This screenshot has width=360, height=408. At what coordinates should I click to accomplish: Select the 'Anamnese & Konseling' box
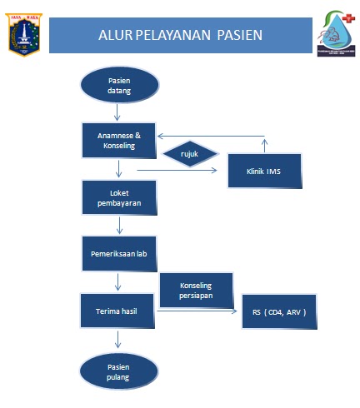120,141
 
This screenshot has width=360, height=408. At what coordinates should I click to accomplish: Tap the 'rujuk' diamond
191,154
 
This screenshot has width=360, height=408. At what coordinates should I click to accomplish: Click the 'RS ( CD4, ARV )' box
279,311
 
